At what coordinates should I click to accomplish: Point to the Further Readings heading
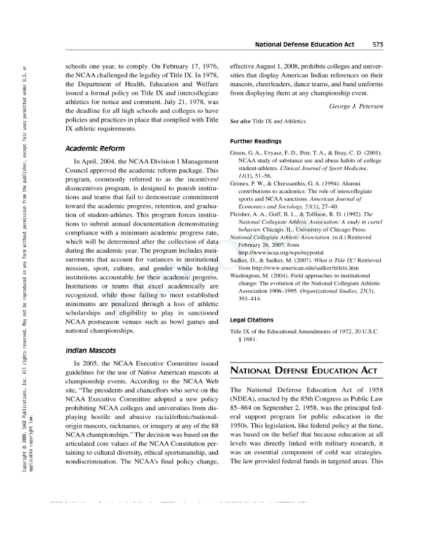[x=255, y=141]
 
